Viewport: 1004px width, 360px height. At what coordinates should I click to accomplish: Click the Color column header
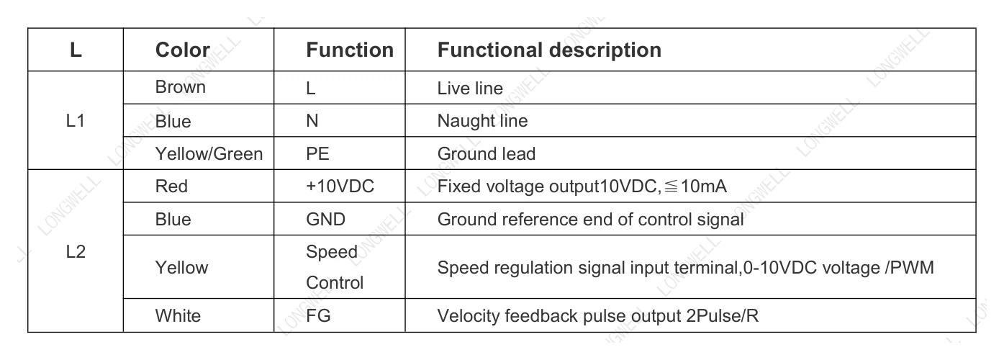182,50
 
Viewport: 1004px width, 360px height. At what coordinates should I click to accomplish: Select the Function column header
350,50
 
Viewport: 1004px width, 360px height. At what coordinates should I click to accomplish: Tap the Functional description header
549,50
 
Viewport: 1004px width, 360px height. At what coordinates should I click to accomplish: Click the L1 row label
76,120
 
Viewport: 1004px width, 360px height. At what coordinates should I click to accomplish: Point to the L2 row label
76,251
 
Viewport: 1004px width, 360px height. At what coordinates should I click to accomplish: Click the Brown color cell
180,87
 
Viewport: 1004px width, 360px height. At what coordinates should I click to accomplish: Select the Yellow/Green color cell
209,154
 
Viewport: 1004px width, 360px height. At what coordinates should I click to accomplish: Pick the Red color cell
171,186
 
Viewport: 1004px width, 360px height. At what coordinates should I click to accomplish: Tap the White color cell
178,315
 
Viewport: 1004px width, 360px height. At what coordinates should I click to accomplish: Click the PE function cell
317,154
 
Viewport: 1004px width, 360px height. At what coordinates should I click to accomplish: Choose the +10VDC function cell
340,186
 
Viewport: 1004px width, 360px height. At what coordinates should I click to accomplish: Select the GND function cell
325,219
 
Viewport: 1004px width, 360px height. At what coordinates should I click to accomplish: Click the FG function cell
318,315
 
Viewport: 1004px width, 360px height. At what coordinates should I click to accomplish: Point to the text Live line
470,89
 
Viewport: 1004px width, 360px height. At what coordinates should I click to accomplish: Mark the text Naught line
482,120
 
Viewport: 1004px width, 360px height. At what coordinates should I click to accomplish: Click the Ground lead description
487,154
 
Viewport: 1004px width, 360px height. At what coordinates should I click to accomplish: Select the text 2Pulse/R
722,315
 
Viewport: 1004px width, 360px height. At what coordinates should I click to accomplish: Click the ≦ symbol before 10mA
671,186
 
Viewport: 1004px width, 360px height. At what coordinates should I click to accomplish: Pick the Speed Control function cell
335,267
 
